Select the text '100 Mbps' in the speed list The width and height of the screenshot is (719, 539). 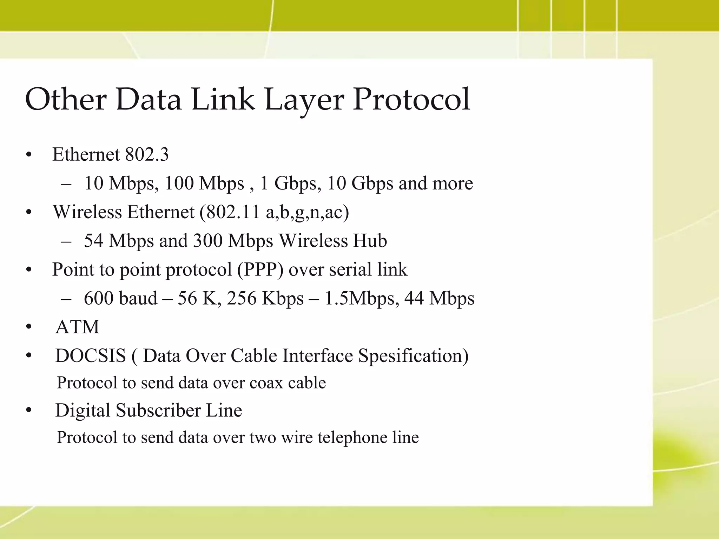tap(204, 183)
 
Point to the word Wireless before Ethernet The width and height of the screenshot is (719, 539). tap(88, 212)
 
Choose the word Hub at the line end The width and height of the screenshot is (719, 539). tap(370, 241)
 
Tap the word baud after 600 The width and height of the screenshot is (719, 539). tap(138, 298)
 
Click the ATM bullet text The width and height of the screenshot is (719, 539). tap(77, 327)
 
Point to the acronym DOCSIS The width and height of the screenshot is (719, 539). tap(91, 356)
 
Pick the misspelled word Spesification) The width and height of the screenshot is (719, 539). tap(413, 356)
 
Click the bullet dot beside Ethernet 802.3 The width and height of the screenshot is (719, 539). tap(29, 155)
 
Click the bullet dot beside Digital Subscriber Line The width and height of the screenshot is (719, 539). tap(29, 411)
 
